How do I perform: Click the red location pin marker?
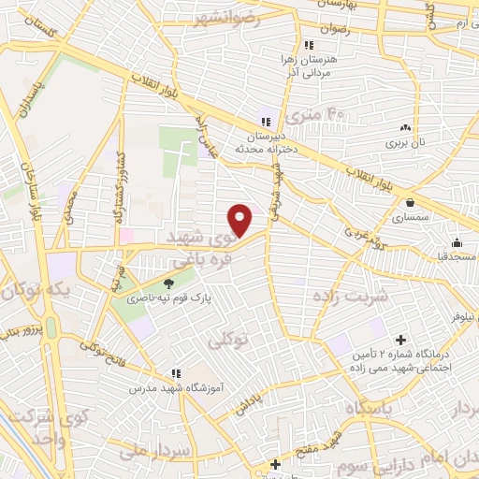(241, 220)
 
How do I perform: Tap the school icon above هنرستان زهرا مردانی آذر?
(307, 44)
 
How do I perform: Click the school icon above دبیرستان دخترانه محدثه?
(265, 122)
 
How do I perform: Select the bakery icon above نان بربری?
(405, 128)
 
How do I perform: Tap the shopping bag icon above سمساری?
(410, 200)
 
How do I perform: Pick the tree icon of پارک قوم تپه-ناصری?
(168, 282)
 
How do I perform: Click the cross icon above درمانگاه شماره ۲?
(402, 339)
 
